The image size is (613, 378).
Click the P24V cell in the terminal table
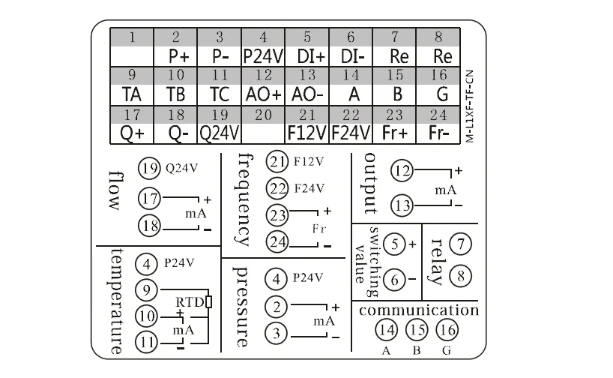coord(263,56)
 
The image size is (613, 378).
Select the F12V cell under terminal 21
coord(307,133)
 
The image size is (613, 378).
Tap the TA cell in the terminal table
coord(132,94)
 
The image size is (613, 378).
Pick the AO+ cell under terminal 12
coord(263,94)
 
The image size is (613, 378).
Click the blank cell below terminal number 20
coord(263,133)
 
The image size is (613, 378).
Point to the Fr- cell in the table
coord(438,133)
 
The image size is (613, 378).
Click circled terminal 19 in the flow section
coord(149,168)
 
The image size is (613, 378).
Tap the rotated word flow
coord(114,190)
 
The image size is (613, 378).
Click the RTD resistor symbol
coord(209,302)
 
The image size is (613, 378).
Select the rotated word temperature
coord(116,301)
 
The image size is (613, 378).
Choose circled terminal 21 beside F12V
coord(277,161)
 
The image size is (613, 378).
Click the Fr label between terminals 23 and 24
coord(319,229)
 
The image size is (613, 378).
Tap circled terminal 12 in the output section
coord(402,170)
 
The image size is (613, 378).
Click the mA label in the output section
coord(446,190)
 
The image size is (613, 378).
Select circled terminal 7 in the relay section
coord(461,244)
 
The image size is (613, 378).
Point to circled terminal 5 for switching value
coord(394,244)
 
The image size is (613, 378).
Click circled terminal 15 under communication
coord(417,330)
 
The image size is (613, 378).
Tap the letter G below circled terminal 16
coord(447,350)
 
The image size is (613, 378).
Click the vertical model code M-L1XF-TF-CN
coord(470,106)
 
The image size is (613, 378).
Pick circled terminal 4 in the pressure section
coord(277,280)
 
